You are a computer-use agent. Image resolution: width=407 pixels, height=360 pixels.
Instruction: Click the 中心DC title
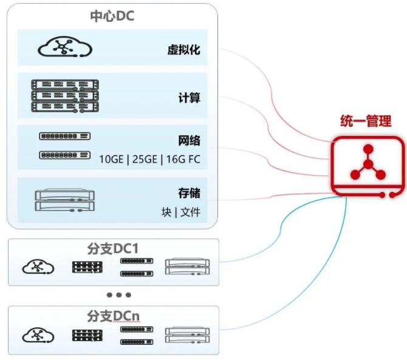pyautogui.click(x=112, y=16)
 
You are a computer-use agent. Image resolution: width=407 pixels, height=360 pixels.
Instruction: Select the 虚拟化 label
pyautogui.click(x=183, y=49)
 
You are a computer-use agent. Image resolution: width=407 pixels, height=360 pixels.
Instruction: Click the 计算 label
pyautogui.click(x=189, y=97)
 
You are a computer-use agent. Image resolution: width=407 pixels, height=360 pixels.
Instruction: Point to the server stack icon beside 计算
pyautogui.click(x=64, y=95)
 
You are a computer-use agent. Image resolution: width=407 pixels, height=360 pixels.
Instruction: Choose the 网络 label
pyautogui.click(x=189, y=141)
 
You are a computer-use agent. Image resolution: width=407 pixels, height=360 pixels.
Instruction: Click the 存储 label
pyautogui.click(x=189, y=194)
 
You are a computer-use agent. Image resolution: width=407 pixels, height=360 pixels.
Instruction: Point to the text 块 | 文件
pyautogui.click(x=180, y=212)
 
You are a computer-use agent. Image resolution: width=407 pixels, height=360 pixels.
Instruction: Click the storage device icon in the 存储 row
pyautogui.click(x=65, y=201)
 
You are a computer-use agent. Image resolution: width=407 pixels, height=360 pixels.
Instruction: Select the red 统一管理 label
pyautogui.click(x=364, y=121)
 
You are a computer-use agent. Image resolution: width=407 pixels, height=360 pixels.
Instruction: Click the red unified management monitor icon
pyautogui.click(x=367, y=167)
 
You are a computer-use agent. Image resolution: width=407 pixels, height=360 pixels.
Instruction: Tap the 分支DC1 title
pyautogui.click(x=114, y=249)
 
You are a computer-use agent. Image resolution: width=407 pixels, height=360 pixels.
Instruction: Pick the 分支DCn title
pyautogui.click(x=114, y=316)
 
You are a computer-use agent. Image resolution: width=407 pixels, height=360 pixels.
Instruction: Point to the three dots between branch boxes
pyautogui.click(x=119, y=295)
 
